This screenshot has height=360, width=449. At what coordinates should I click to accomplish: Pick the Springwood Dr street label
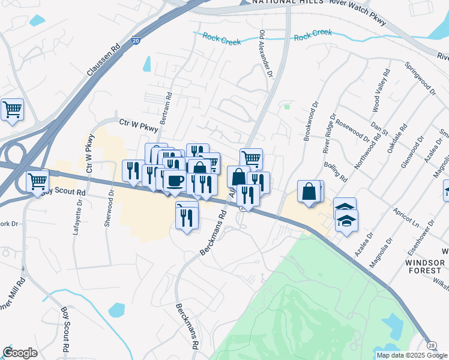click(x=420, y=77)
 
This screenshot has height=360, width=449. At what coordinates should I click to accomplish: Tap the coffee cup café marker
click(x=175, y=181)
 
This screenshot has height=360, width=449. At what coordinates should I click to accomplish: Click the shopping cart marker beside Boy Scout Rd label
click(x=37, y=181)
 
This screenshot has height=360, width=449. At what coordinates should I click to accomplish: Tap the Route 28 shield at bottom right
click(x=432, y=345)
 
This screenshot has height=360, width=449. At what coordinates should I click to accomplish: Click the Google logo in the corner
click(x=20, y=353)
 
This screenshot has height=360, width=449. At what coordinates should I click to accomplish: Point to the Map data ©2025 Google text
click(x=412, y=355)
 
